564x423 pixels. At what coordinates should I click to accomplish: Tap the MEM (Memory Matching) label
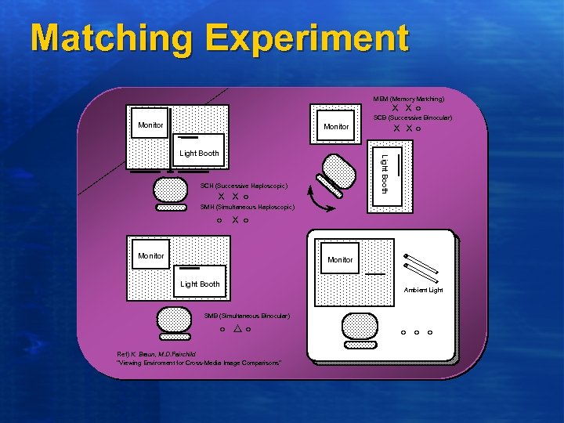coord(408,99)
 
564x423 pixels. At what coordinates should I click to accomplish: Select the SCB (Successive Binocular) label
coord(413,117)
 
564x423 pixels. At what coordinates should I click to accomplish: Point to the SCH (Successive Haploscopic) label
coord(244,186)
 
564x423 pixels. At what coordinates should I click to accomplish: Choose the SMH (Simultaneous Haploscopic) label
coord(248,207)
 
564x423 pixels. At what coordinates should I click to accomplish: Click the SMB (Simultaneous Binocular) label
coord(247,316)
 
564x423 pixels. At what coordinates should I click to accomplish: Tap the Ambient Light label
coord(423,290)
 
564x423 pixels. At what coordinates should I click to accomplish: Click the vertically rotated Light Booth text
coord(385,175)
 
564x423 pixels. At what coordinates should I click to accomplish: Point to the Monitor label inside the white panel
coord(340,259)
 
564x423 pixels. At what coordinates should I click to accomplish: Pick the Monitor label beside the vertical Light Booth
coord(336,127)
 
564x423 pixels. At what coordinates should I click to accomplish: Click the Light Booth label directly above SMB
coord(200,284)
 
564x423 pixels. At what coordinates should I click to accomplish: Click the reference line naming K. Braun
coord(156,354)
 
